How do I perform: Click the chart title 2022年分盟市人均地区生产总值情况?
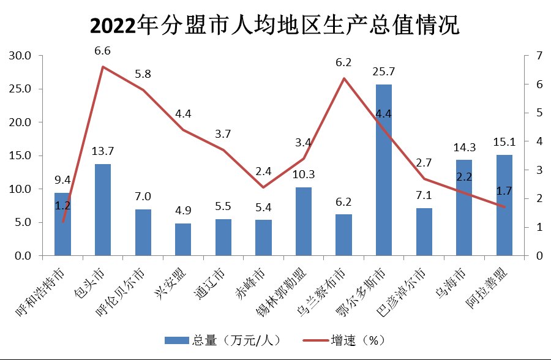tap(275, 26)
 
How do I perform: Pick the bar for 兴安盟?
tap(183, 239)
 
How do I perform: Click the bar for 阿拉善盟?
tap(504, 205)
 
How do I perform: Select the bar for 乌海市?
tap(464, 208)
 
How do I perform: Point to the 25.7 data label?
tap(384, 73)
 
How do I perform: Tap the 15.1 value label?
tap(504, 142)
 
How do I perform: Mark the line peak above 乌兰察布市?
tap(344, 78)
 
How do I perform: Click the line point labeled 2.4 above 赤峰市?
tap(263, 187)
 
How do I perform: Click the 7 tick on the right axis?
tap(539, 56)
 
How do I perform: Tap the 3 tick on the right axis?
tap(539, 170)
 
